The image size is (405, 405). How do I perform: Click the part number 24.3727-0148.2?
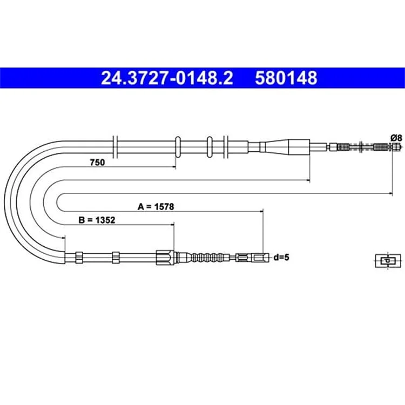167,78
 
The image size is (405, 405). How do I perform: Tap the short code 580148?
286,78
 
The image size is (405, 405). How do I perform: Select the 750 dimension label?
97,163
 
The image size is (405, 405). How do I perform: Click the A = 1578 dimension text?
156,207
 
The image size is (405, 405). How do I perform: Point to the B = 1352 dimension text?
97,220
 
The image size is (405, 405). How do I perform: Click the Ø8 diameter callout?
396,138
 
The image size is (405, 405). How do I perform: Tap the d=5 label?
281,257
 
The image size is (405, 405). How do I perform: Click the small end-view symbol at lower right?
388,260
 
